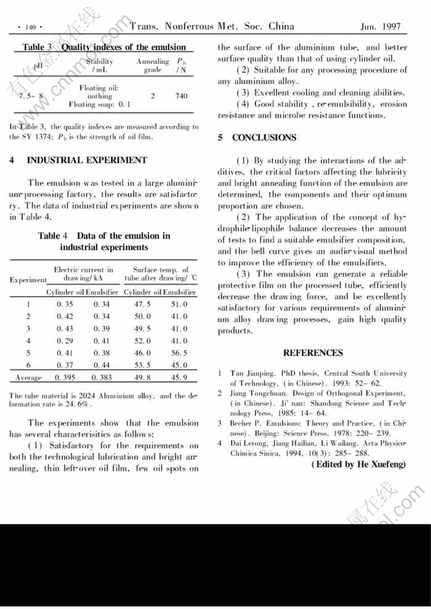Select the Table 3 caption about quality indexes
pos(104,47)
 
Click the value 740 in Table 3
pos(181,96)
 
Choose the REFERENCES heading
pos(312,353)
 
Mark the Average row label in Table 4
pos(28,377)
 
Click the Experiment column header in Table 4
pos(28,280)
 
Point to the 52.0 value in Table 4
pos(142,341)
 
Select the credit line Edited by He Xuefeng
pos(357,465)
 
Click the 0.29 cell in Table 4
pos(65,341)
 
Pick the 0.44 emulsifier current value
pos(101,365)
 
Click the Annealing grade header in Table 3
pos(153,65)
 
